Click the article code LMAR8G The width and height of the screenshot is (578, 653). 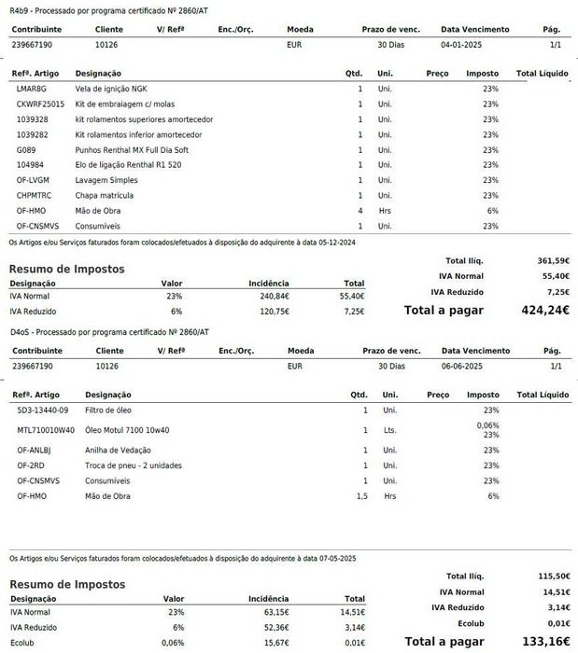(x=31, y=89)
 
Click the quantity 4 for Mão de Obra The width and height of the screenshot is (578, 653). (x=359, y=211)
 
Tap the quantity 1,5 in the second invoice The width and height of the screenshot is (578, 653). (x=361, y=495)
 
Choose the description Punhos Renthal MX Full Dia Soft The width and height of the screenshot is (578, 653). (x=132, y=149)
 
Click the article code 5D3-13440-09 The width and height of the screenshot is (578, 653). (x=42, y=410)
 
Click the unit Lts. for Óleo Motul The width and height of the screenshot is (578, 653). (x=389, y=430)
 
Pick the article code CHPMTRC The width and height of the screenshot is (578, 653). (x=35, y=195)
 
